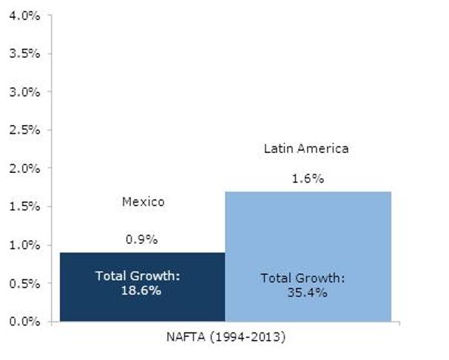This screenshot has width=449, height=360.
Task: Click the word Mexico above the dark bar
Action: tap(142, 202)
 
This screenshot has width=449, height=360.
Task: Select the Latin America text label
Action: tap(306, 149)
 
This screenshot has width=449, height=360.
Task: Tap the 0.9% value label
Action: tap(142, 240)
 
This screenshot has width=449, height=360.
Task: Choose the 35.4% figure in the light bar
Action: tap(303, 292)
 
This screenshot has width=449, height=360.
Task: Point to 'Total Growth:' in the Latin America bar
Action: tap(303, 279)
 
